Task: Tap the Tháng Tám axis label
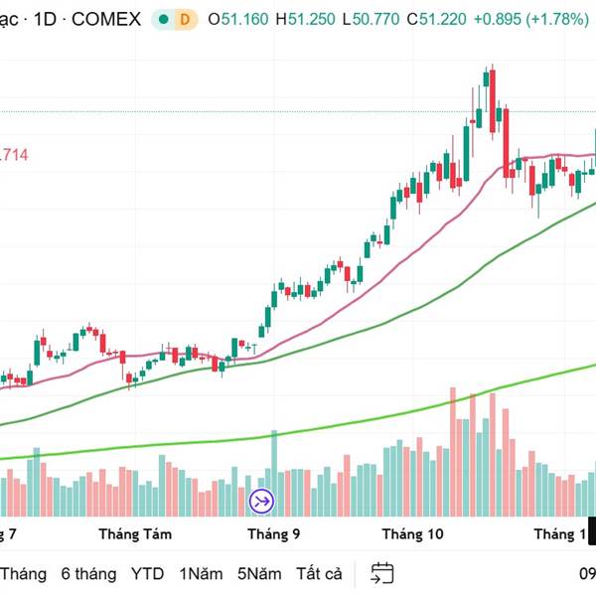coord(135,534)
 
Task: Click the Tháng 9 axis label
coord(274,534)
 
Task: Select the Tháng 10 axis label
coord(413,534)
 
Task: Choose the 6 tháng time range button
coord(88,573)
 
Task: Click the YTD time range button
coord(148,573)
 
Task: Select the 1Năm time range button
coord(201,573)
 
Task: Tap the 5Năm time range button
coord(258,573)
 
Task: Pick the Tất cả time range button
coord(319,573)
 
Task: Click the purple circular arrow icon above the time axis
coord(261,502)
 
